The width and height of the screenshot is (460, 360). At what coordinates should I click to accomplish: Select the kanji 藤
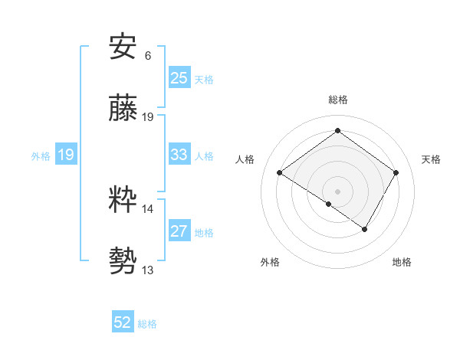click(x=123, y=109)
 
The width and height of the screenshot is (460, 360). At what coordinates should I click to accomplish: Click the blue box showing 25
click(x=179, y=78)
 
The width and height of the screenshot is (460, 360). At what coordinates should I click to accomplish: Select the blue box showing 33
click(x=179, y=155)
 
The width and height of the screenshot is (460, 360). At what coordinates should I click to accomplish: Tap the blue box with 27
click(x=179, y=231)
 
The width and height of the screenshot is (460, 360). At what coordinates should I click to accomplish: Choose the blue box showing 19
click(x=65, y=155)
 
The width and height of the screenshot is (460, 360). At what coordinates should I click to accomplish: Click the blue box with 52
click(x=123, y=322)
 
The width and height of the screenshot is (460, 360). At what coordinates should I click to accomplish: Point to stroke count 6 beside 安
click(x=148, y=55)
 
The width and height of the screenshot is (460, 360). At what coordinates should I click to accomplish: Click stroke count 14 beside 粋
click(x=148, y=208)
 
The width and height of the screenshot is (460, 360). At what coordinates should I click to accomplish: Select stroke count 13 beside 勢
click(x=148, y=270)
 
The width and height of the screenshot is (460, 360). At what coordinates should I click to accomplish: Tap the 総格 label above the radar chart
click(x=337, y=100)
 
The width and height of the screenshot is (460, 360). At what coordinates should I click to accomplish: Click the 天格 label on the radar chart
click(x=431, y=159)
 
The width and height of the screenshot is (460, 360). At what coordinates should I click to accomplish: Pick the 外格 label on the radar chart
click(x=270, y=262)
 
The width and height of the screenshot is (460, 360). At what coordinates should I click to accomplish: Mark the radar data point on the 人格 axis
click(x=280, y=173)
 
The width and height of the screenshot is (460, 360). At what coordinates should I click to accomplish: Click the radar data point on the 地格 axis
click(x=365, y=229)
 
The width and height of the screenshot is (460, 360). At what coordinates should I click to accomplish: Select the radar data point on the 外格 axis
click(x=329, y=204)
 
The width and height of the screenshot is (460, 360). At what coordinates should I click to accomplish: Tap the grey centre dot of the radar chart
click(x=337, y=191)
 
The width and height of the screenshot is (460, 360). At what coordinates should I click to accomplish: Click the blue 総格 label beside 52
click(x=147, y=323)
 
